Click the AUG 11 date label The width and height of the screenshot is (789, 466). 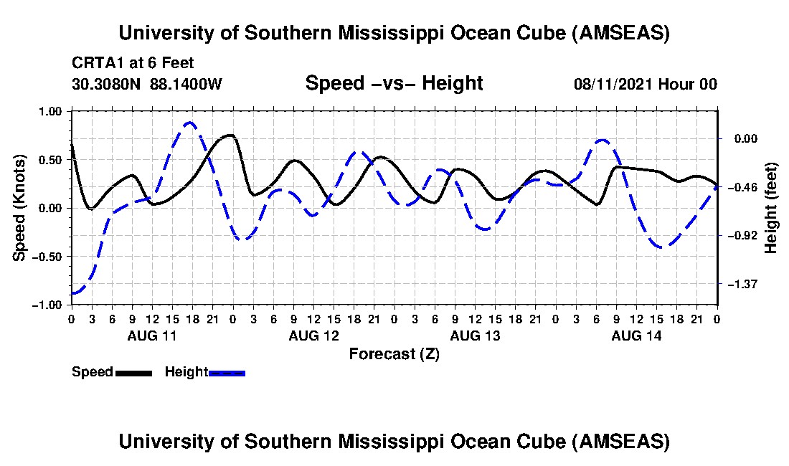point(151,336)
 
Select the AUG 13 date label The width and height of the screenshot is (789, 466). point(474,336)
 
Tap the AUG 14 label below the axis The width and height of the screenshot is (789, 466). point(636,336)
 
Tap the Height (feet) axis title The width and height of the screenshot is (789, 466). point(771,208)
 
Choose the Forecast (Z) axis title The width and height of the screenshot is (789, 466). point(394,354)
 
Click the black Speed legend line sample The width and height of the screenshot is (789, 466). point(133,372)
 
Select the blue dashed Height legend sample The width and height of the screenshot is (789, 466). point(227,372)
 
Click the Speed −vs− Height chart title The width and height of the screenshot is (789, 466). point(394,83)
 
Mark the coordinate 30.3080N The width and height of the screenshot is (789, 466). point(107,84)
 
